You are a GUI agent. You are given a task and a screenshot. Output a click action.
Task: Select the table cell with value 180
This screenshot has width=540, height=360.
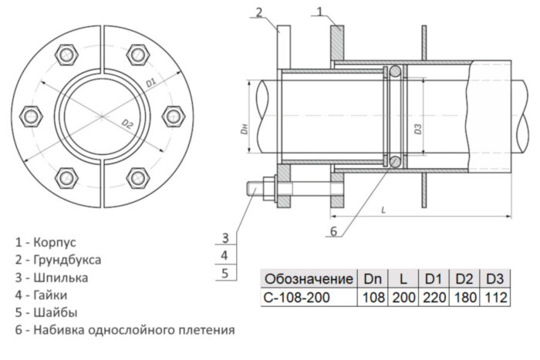tap(464, 297)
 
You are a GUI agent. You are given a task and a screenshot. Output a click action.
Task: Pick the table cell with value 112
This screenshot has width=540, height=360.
tap(494, 297)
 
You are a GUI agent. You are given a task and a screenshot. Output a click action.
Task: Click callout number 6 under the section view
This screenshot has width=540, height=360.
tap(333, 230)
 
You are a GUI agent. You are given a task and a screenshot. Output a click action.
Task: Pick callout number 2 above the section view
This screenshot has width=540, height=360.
tap(260, 11)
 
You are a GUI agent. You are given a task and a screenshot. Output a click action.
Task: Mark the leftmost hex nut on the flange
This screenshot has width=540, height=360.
tap(32, 116)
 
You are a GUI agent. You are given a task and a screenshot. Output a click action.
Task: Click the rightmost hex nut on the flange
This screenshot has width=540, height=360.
tap(173, 116)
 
